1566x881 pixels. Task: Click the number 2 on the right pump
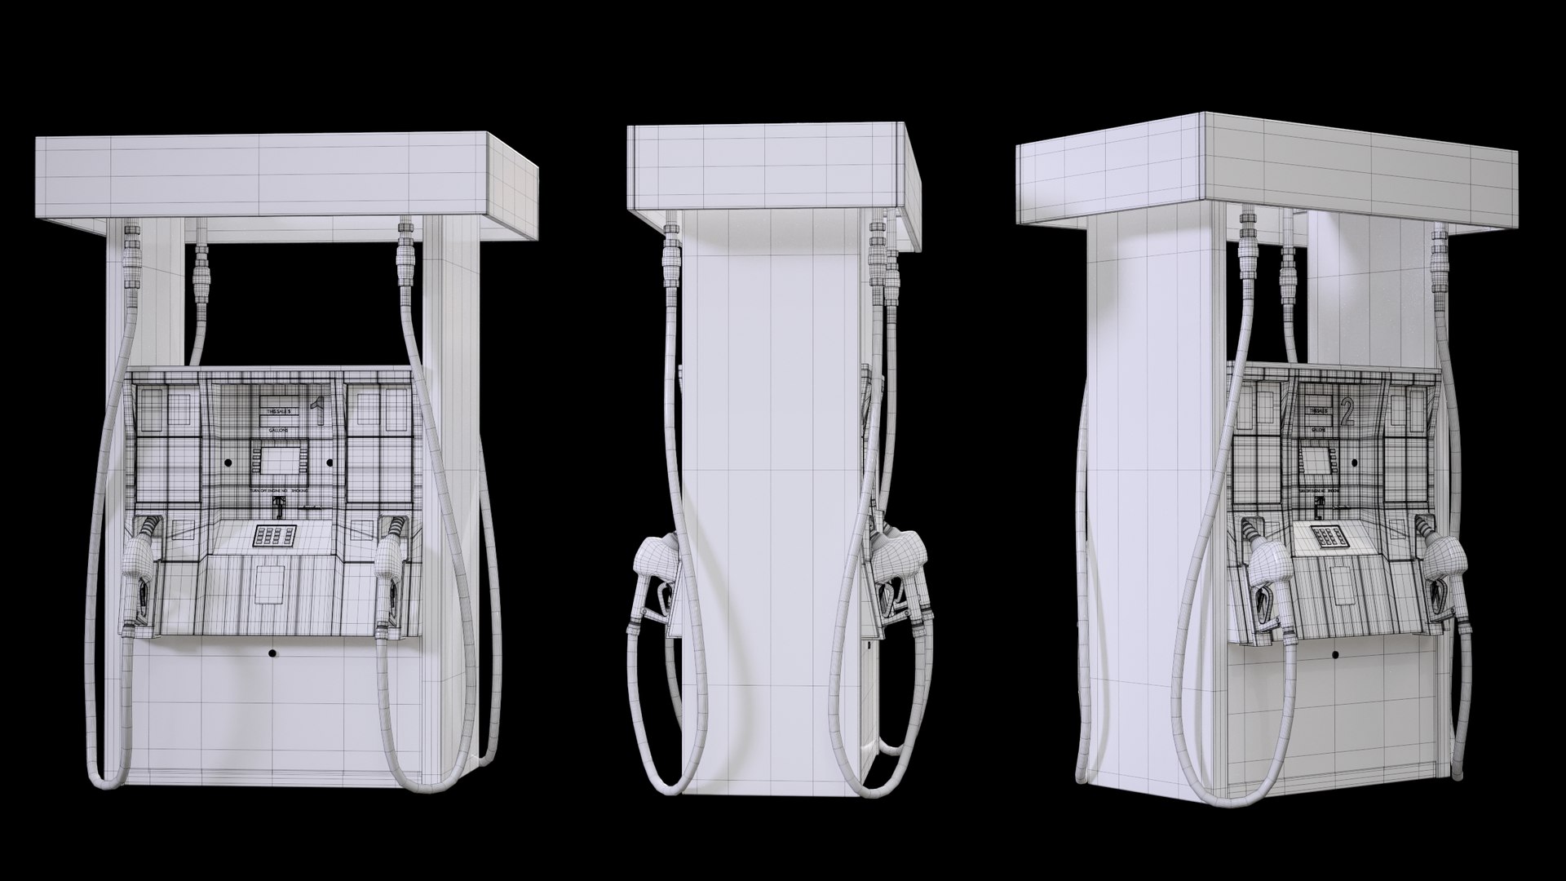click(1347, 415)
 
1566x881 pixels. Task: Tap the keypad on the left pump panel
click(273, 536)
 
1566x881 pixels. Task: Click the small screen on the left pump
click(279, 463)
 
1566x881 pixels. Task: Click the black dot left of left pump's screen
click(228, 463)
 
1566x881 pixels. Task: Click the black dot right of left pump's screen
click(330, 463)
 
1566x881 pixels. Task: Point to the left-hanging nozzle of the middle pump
click(657, 575)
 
